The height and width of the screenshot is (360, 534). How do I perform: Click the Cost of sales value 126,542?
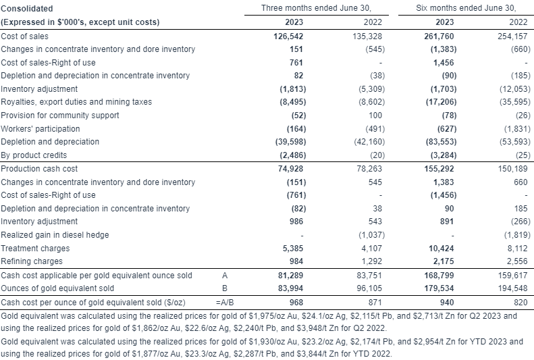[288, 36]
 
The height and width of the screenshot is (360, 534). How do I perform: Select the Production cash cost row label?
[39, 169]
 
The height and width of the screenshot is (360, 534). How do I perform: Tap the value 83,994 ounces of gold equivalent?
[290, 288]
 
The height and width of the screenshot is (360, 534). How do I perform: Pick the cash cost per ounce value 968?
[295, 302]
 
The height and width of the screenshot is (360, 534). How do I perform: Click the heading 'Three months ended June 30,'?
[316, 8]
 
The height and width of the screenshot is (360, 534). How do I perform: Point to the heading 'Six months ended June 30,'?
[466, 8]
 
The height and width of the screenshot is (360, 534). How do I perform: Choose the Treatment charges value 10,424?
[442, 249]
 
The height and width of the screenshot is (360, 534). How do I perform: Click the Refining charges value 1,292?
[371, 261]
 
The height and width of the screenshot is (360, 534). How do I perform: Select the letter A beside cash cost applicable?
[225, 275]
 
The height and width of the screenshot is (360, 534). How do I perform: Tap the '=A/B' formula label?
[225, 302]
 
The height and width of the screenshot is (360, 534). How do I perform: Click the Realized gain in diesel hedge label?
[55, 234]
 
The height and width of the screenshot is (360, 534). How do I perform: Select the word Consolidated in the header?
[27, 9]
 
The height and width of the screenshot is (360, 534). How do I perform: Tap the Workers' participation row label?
[41, 129]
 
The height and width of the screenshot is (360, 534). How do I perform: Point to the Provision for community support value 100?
[375, 115]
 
